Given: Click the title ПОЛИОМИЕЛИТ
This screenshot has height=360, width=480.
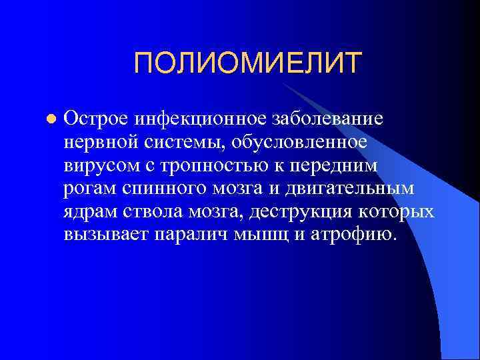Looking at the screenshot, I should (247, 64).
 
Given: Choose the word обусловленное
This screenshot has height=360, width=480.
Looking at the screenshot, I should (293, 143).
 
